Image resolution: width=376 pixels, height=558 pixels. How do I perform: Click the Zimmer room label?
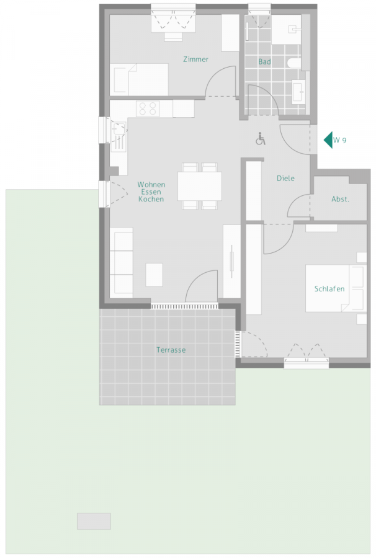tap(195, 60)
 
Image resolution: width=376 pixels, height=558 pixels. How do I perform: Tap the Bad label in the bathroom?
tap(265, 62)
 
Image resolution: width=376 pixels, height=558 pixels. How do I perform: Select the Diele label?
tap(285, 179)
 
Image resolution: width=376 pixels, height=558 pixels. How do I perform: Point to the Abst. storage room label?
tap(340, 200)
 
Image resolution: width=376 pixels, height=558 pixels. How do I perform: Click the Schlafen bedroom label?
tap(329, 289)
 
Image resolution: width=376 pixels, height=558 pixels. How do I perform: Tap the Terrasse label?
tap(171, 350)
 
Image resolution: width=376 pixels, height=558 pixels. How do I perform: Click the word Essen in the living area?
tap(151, 192)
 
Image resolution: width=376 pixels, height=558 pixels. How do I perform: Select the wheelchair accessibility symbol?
tap(261, 139)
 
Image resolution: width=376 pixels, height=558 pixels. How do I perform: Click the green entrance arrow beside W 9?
tap(328, 140)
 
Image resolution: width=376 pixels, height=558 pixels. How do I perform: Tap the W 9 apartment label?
tap(340, 140)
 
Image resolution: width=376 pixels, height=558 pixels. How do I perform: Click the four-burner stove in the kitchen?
tap(148, 109)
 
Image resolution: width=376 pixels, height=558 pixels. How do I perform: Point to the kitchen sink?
tap(119, 131)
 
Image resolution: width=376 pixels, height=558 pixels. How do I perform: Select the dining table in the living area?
tap(200, 186)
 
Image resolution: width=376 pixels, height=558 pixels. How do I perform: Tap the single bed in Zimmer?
tap(140, 78)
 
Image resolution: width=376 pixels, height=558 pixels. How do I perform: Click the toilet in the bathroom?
tap(294, 63)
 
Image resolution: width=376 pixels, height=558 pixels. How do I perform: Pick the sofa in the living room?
tap(122, 261)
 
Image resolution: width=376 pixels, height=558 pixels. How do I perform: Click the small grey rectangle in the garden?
tap(94, 521)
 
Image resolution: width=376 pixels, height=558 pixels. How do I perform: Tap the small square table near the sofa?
tap(154, 275)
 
